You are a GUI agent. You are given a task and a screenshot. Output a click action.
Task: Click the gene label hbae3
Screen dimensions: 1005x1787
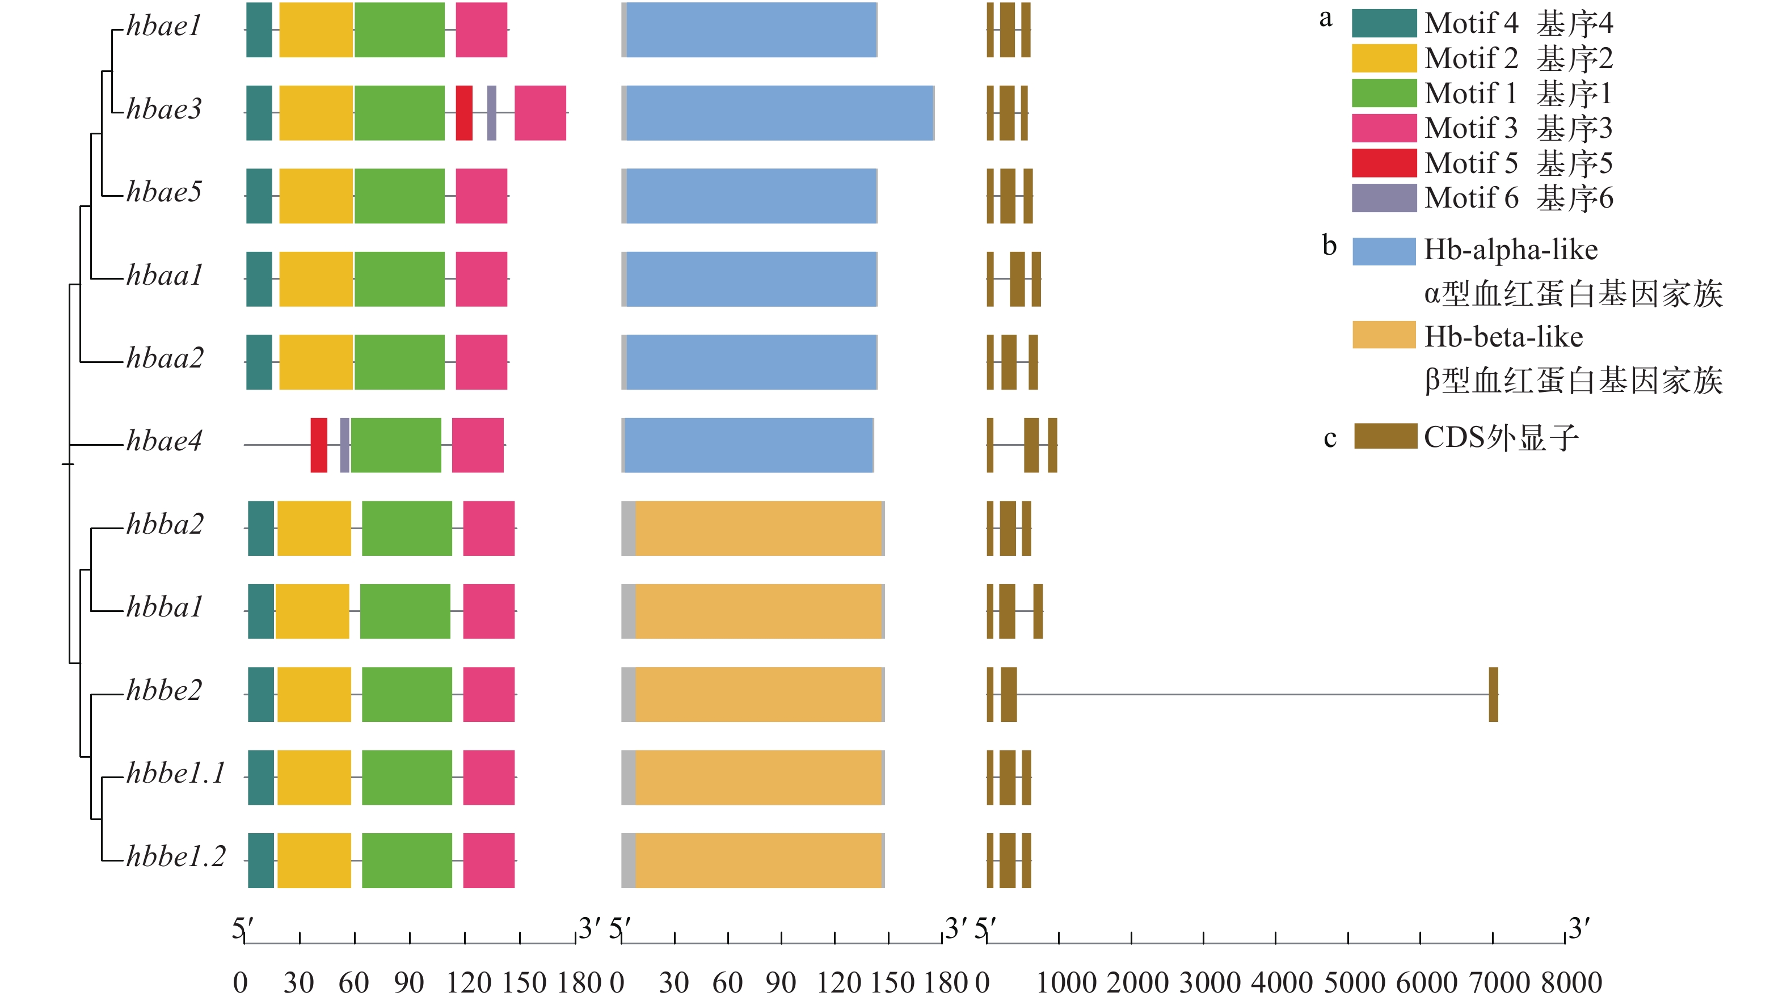point(165,109)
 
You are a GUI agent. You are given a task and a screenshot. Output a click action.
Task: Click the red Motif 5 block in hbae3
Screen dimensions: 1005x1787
point(464,113)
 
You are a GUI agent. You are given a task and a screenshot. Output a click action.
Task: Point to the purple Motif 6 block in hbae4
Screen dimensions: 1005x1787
point(345,445)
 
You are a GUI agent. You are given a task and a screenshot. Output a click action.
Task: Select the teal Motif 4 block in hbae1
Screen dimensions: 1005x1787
point(259,30)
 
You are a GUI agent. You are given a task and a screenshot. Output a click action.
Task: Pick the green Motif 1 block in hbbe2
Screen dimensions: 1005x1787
point(407,694)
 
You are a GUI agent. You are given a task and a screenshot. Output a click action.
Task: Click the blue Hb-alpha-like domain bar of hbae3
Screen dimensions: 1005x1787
point(779,113)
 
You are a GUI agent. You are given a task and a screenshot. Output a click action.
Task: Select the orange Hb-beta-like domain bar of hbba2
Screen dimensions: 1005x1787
point(758,529)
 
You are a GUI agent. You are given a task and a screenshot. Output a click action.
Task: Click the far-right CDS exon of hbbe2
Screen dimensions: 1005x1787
point(1494,694)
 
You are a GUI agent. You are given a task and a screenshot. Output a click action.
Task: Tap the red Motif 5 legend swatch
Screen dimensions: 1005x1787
point(1384,163)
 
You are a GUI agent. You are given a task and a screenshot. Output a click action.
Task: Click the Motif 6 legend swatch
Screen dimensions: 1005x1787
point(1384,198)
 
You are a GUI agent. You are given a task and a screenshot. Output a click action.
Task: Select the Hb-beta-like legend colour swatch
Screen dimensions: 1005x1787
point(1384,335)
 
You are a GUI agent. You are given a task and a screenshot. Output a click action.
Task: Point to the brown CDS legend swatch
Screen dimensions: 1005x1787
point(1385,436)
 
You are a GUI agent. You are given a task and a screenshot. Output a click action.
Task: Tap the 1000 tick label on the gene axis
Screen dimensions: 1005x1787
point(1066,983)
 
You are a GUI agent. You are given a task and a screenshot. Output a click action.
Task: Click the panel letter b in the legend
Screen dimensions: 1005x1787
point(1329,246)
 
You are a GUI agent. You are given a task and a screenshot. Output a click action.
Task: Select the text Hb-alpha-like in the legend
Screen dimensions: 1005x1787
point(1511,250)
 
